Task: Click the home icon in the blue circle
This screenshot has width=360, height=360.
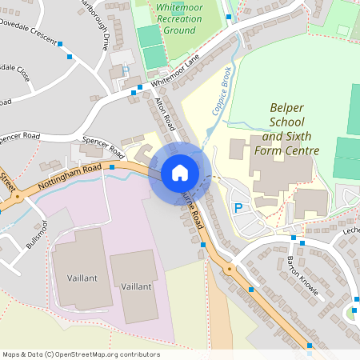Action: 179,173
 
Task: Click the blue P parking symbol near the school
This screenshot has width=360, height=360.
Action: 238,208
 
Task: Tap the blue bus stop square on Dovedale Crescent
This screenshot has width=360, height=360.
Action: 70,56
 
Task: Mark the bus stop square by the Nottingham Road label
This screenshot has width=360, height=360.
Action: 112,167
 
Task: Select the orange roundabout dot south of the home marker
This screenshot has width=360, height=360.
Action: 230,270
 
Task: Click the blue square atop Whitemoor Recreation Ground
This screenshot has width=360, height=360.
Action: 230,16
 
